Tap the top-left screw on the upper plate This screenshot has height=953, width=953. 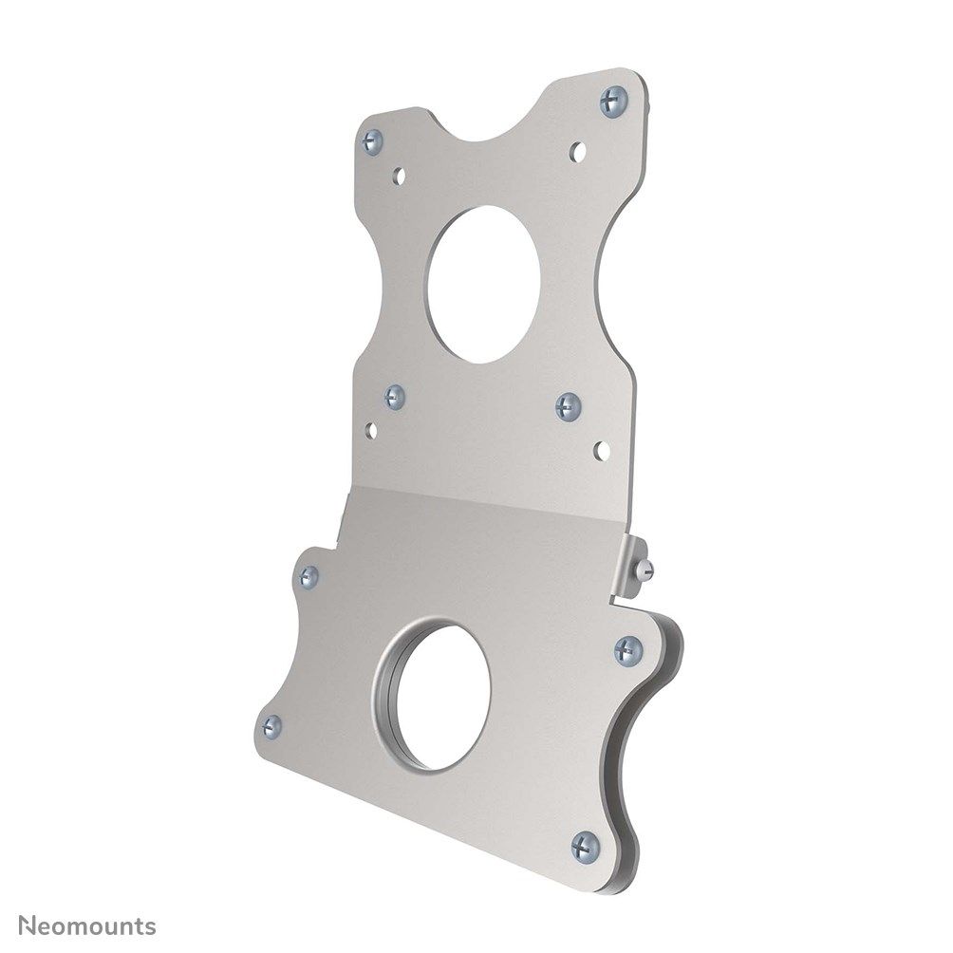click(371, 140)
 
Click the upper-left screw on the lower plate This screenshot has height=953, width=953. click(308, 573)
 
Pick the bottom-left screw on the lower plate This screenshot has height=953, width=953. click(271, 726)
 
